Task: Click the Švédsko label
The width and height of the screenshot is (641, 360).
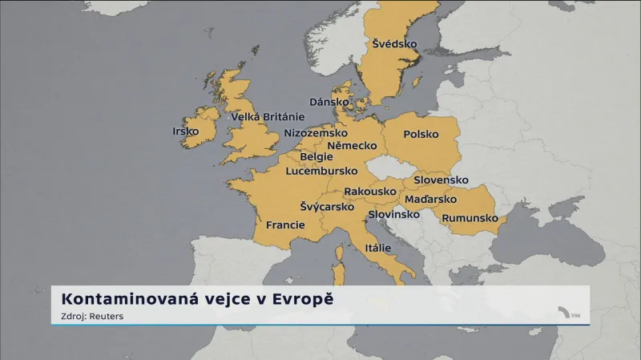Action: coord(395,44)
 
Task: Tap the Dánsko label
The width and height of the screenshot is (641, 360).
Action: coord(329,102)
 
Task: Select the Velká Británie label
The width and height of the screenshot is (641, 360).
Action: coord(268,117)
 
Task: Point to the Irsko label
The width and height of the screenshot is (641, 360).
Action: coord(185,131)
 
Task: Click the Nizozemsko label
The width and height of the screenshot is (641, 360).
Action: coord(316,132)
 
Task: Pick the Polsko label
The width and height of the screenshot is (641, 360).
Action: coord(421,135)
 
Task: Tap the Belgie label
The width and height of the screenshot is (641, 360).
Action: coord(316,157)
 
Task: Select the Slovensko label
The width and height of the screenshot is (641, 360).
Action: coord(441,180)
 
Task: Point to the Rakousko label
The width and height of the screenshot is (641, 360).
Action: coord(370,192)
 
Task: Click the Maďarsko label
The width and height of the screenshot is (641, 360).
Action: coord(431,199)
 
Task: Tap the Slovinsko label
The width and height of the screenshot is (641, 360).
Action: coord(393,215)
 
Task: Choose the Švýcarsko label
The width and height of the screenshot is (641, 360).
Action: coord(327,207)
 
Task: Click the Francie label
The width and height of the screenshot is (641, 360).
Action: coord(285,225)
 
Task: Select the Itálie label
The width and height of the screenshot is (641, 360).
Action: coord(377,249)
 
